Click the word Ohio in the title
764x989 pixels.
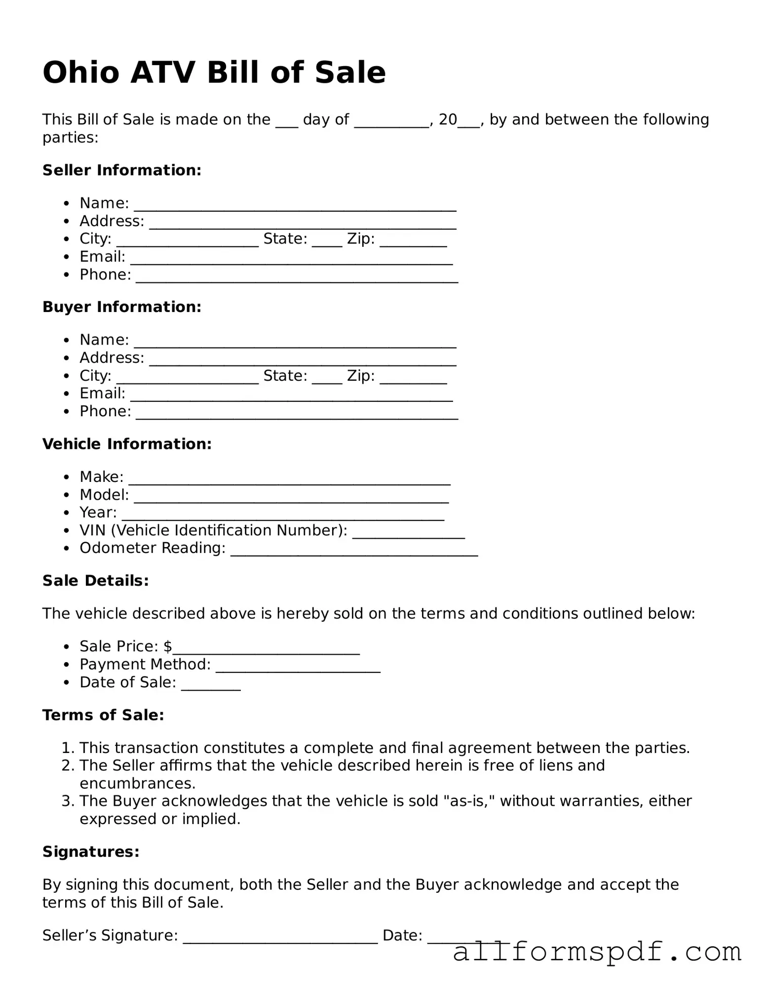(x=81, y=73)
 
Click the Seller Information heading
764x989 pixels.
(x=122, y=170)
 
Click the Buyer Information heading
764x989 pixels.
(x=122, y=307)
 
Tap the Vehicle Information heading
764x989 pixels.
(x=127, y=444)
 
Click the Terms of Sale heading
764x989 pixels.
(x=103, y=715)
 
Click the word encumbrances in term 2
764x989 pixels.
(x=137, y=784)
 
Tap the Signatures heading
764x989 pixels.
(x=91, y=852)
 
